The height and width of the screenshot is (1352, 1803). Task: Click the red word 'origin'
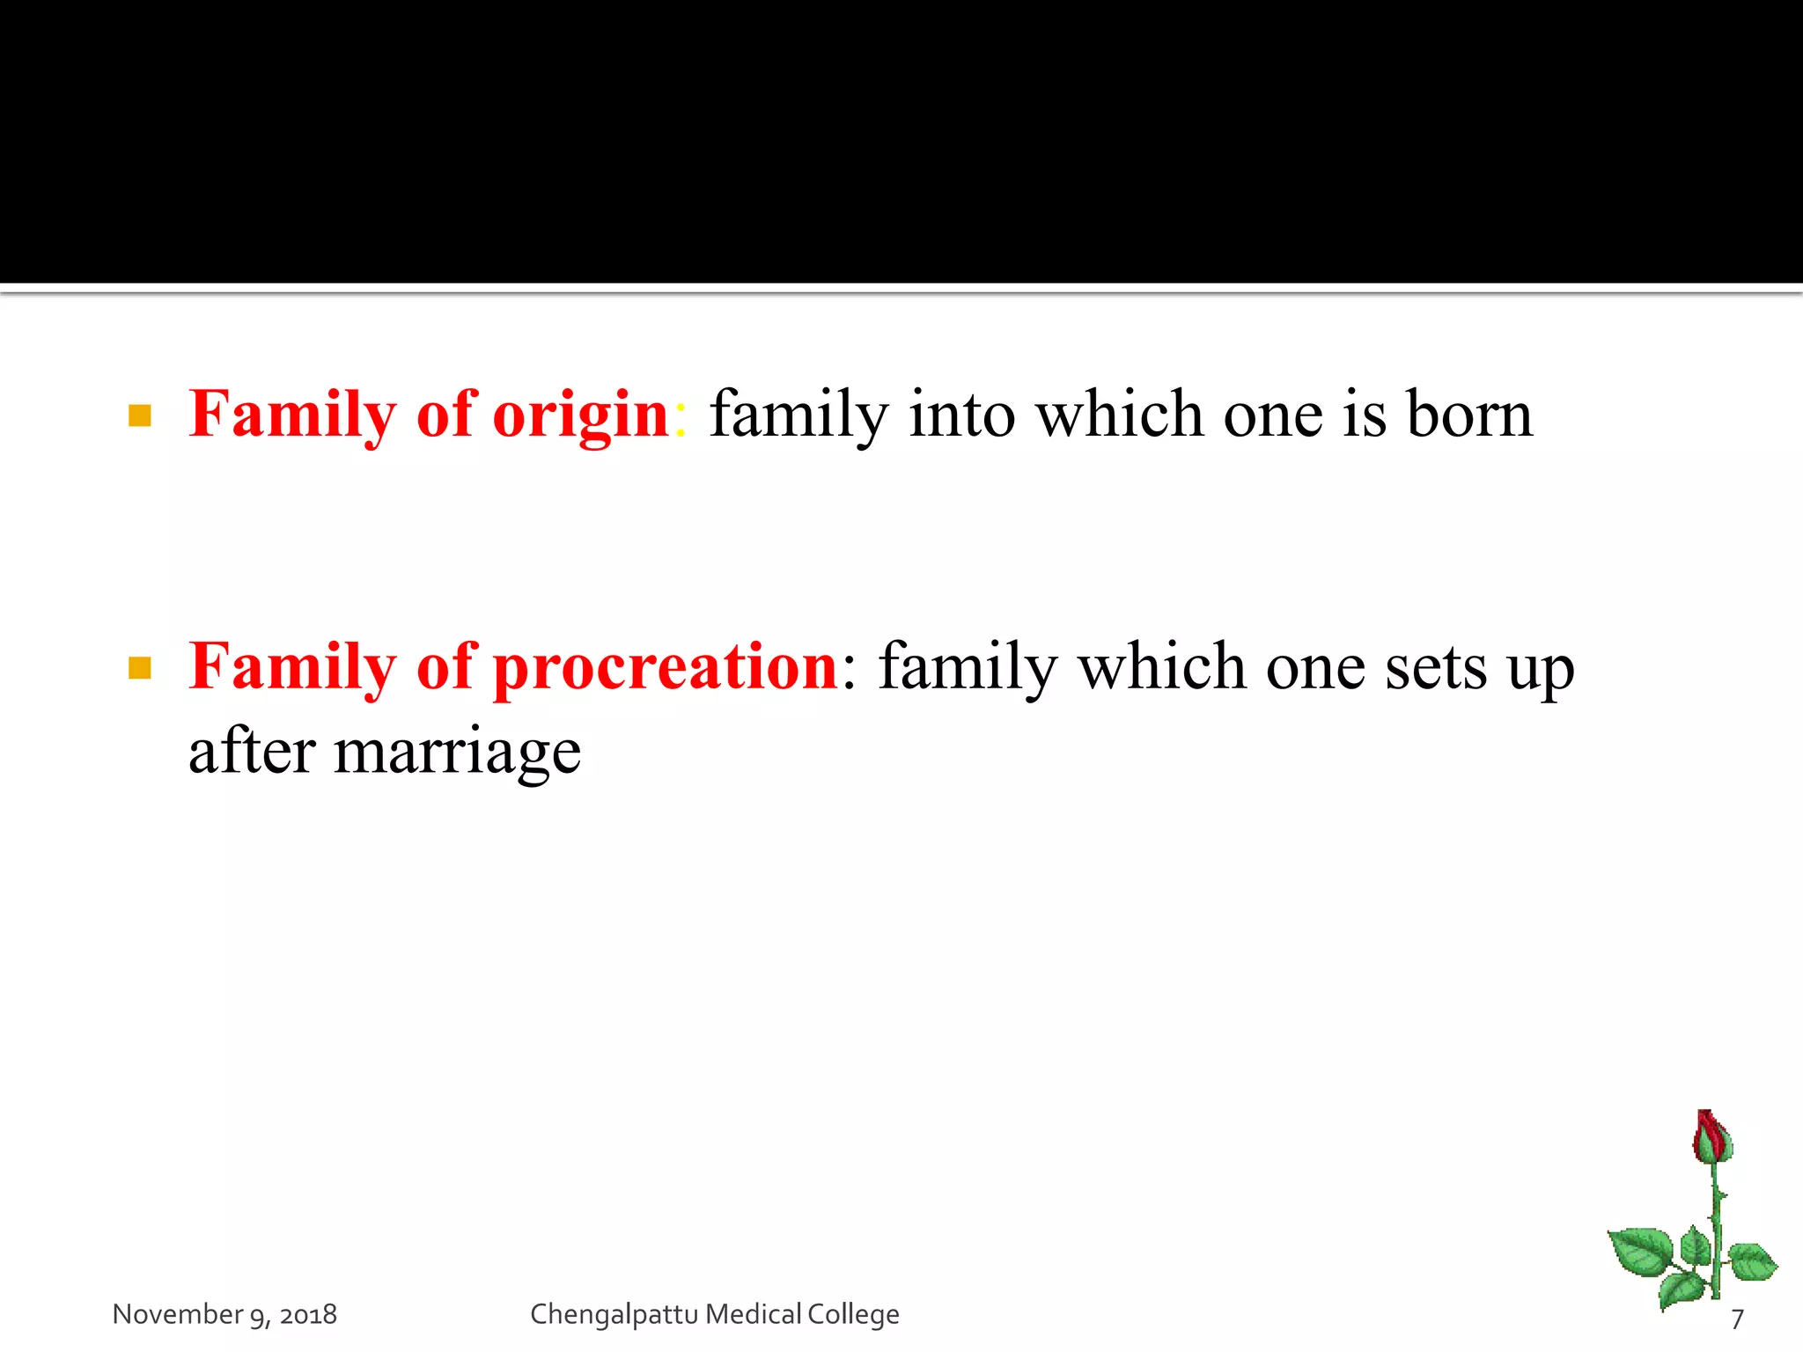click(x=580, y=415)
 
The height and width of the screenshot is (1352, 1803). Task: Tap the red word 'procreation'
click(x=666, y=667)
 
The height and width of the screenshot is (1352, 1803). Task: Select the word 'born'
click(x=1469, y=414)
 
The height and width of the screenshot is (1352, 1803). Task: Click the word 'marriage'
click(x=457, y=753)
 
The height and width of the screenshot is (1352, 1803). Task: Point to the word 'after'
click(x=252, y=752)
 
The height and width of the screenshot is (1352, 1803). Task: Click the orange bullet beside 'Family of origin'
click(x=140, y=415)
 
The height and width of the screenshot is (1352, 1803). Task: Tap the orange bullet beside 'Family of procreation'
click(x=140, y=668)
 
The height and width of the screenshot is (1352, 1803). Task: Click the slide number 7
click(x=1737, y=1319)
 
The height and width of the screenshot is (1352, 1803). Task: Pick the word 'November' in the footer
click(x=177, y=1314)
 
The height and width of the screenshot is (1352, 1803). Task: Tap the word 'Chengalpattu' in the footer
click(x=614, y=1314)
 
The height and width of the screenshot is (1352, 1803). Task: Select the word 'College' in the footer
click(x=853, y=1314)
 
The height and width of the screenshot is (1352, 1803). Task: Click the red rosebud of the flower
click(x=1712, y=1135)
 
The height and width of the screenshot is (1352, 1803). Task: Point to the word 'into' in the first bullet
click(x=961, y=414)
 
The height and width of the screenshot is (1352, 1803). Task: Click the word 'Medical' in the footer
click(x=754, y=1314)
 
